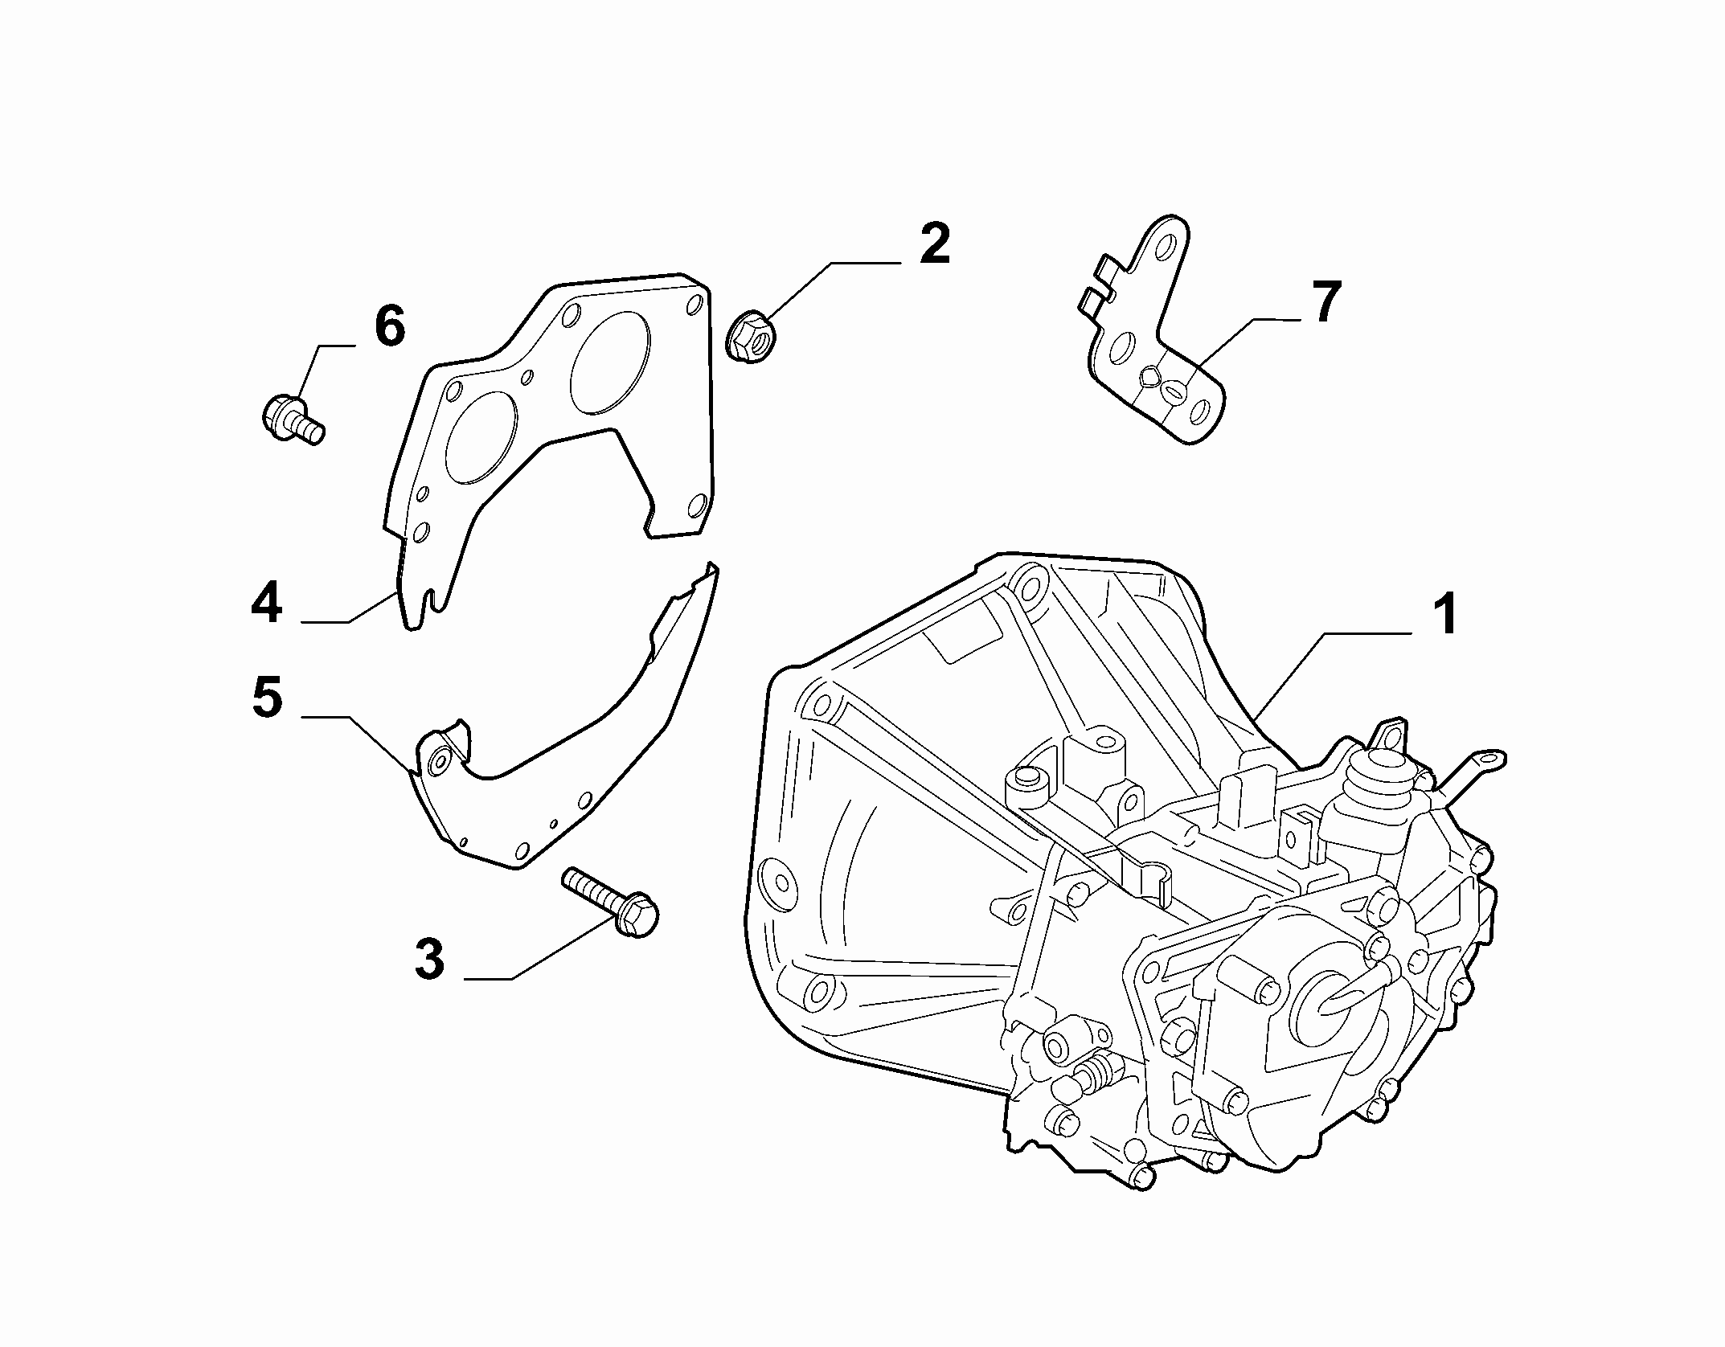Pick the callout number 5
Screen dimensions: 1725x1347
(x=268, y=697)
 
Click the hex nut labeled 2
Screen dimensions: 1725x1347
(x=750, y=337)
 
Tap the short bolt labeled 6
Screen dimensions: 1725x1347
(x=293, y=418)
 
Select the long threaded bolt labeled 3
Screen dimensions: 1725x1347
(x=611, y=901)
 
